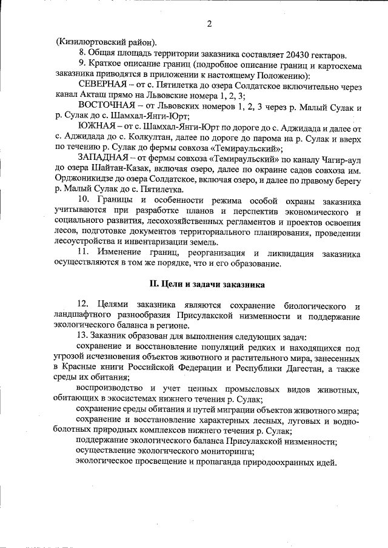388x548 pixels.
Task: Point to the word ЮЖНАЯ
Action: click(95, 128)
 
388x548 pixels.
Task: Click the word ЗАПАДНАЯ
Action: click(102, 159)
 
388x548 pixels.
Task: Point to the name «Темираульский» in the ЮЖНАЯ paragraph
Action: click(246, 148)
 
